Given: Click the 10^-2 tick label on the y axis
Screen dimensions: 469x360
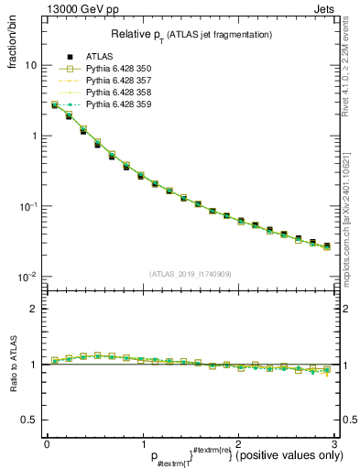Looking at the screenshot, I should (27, 277).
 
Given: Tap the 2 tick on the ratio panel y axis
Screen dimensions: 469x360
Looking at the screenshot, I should (34, 309).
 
